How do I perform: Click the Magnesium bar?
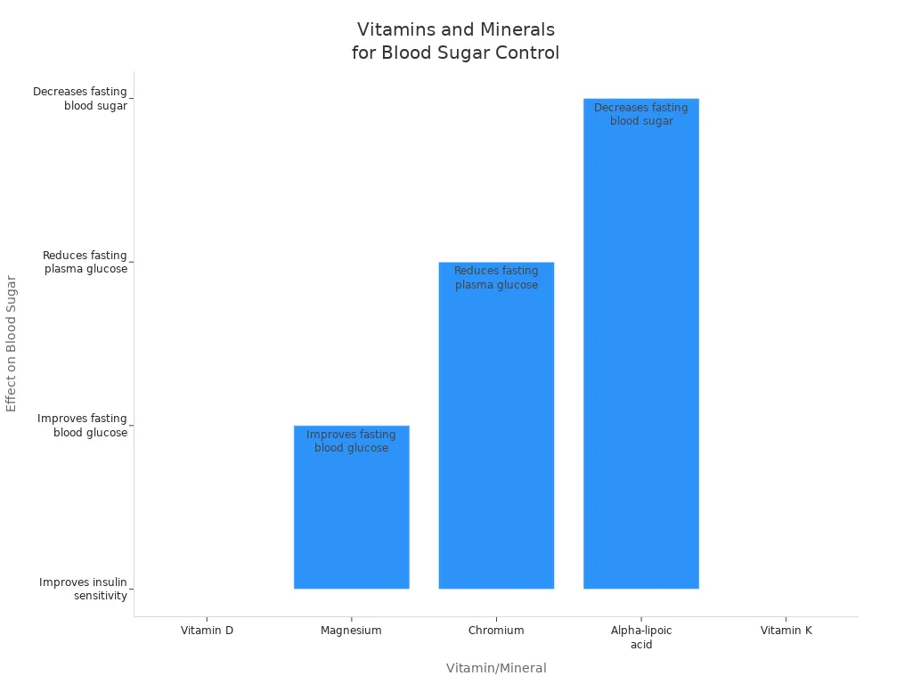[x=351, y=517]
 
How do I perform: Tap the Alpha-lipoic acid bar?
[x=640, y=356]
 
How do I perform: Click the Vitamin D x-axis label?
[x=207, y=631]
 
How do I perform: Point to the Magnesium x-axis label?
[x=351, y=631]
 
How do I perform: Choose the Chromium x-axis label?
[x=496, y=631]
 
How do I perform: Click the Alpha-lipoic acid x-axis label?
[x=641, y=637]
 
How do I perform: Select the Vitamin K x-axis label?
[x=786, y=631]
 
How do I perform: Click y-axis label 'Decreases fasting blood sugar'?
[x=80, y=98]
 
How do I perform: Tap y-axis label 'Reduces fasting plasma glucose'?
[x=85, y=262]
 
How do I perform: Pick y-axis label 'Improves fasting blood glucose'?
[x=83, y=426]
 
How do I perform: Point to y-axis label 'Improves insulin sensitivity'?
[x=84, y=589]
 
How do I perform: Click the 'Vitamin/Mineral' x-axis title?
[x=496, y=668]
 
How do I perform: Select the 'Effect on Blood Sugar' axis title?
[x=12, y=343]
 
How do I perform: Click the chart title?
[x=455, y=42]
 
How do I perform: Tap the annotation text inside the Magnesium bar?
[x=351, y=442]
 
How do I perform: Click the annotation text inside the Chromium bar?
[x=496, y=278]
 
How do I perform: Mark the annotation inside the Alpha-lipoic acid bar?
[x=640, y=115]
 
